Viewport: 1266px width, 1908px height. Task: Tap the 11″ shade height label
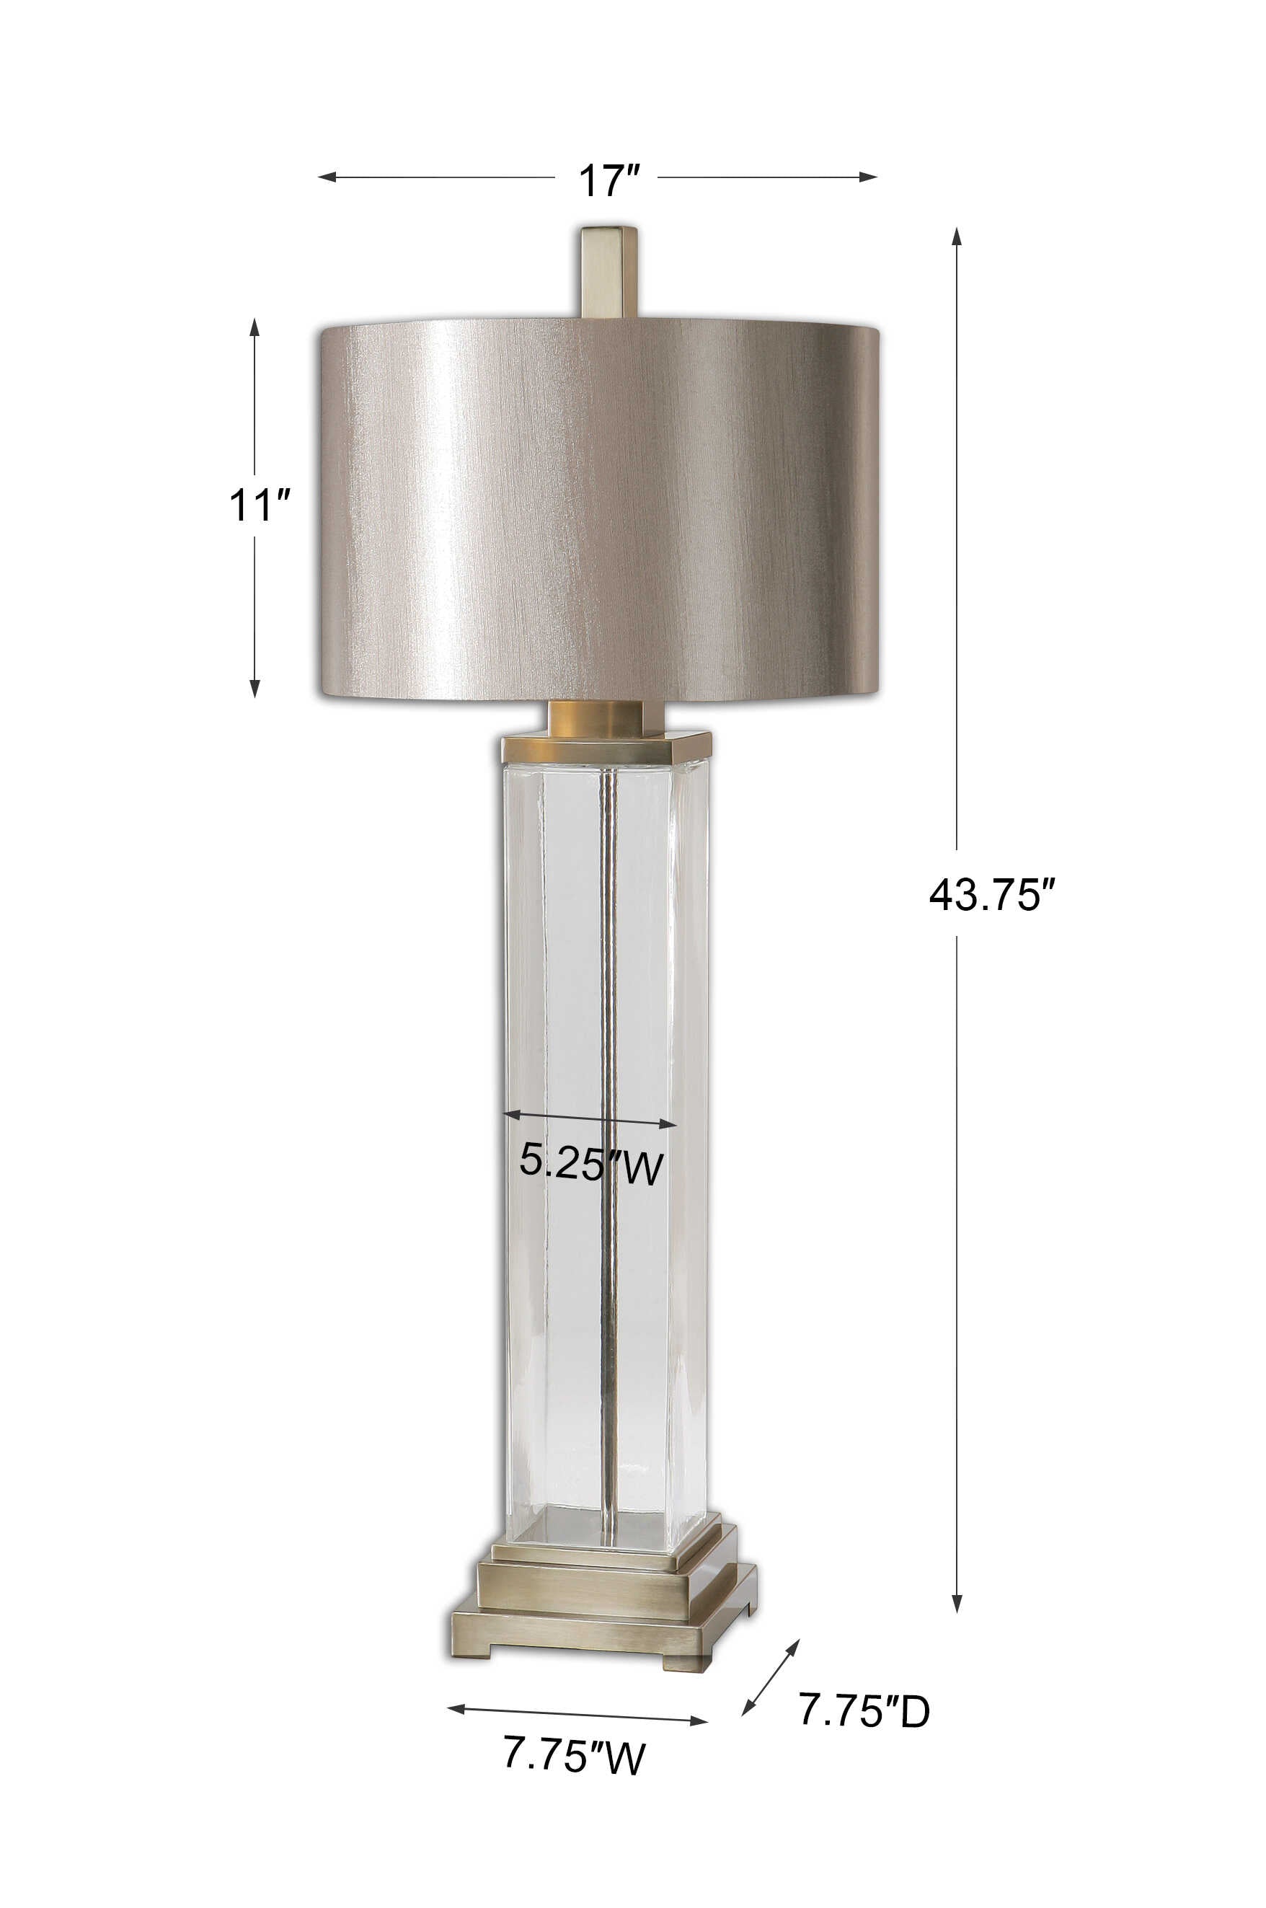[x=258, y=505]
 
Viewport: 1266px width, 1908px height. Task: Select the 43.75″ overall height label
[x=991, y=895]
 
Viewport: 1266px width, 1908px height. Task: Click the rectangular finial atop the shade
[x=610, y=271]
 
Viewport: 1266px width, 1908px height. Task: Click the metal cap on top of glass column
[x=606, y=748]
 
